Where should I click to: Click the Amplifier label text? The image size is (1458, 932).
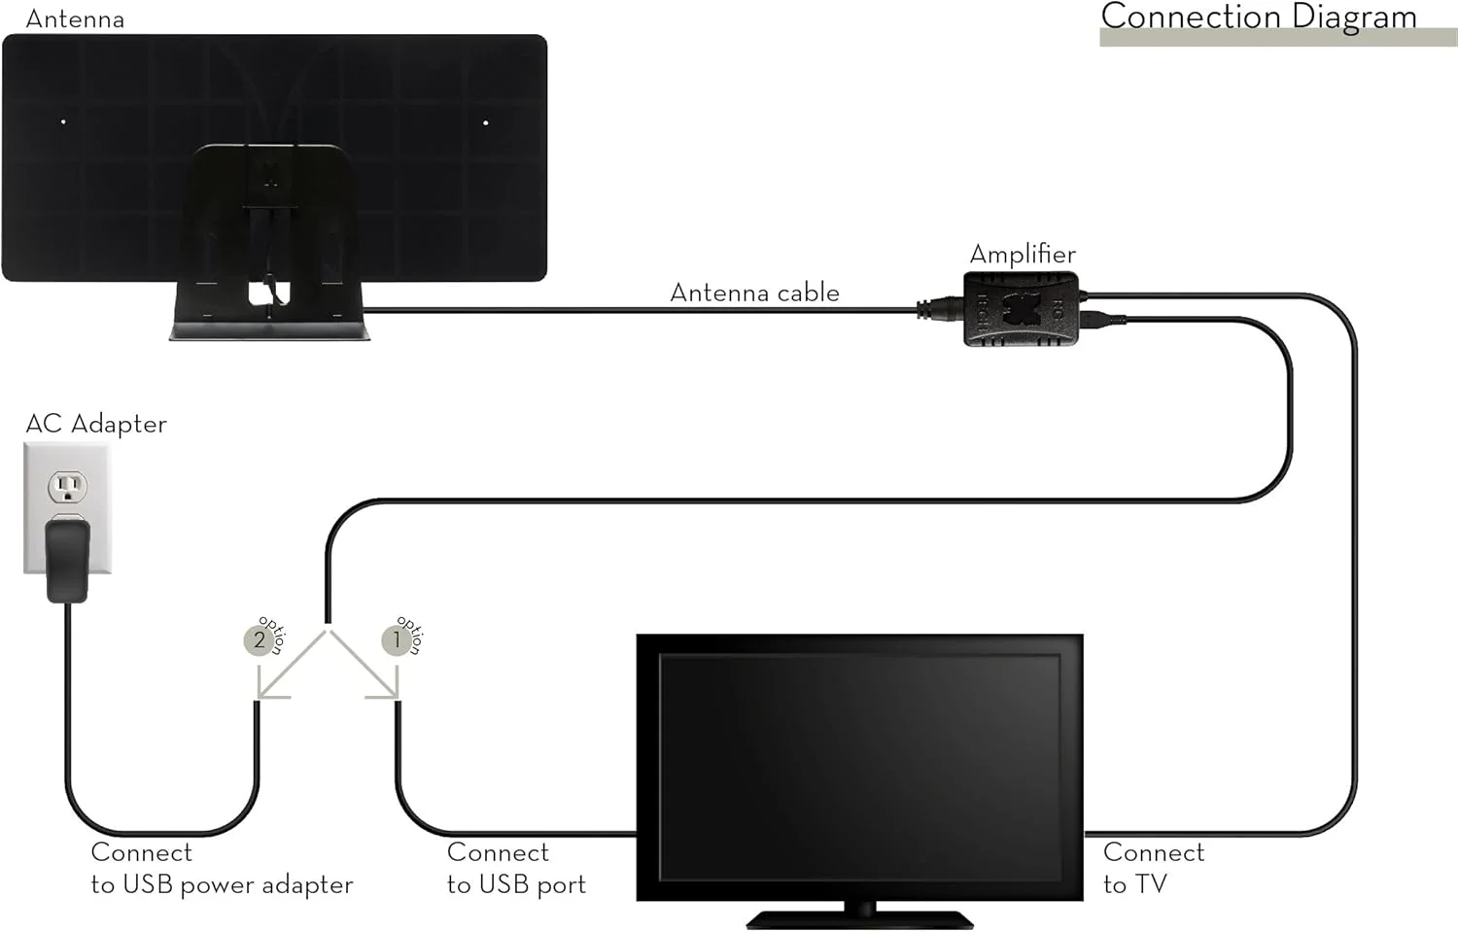coord(1023,255)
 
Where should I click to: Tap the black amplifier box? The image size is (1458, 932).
coord(1021,309)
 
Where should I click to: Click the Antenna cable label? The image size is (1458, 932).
coord(754,293)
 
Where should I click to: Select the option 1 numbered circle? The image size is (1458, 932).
coord(396,640)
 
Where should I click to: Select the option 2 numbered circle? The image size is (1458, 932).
coord(259,640)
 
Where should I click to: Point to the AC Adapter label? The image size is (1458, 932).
coord(96,424)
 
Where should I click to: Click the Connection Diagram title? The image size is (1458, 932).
coord(1258,17)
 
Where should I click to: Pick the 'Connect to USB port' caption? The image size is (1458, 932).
coord(516,868)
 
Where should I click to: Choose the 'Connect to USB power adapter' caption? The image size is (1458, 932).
coord(222,868)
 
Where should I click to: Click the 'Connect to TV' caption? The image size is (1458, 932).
coord(1154,868)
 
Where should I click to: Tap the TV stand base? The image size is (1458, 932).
coord(859,917)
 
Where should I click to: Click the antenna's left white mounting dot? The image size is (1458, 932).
coord(63,122)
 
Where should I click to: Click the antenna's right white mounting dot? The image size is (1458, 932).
coord(486,122)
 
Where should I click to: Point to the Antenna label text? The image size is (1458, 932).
coord(75,18)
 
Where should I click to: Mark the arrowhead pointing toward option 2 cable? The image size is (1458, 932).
coord(263,692)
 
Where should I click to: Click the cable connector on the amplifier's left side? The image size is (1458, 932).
coord(939,310)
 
